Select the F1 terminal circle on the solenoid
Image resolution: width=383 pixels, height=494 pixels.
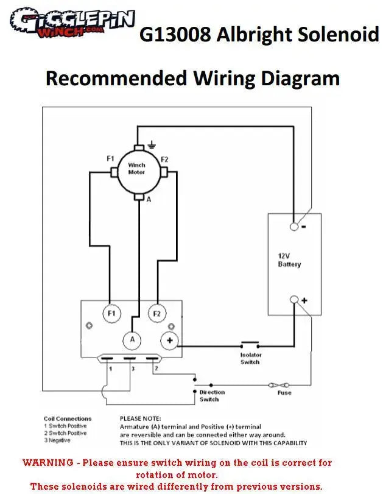pos(111,313)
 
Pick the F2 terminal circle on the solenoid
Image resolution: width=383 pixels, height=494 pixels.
pos(157,313)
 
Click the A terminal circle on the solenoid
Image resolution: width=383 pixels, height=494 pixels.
pos(132,339)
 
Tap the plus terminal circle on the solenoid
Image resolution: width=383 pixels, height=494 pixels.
pos(169,341)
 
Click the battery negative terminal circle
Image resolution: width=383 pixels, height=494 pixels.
pos(294,227)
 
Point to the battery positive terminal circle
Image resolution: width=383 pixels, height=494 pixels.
pos(294,300)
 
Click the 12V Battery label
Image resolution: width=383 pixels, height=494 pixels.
pos(289,260)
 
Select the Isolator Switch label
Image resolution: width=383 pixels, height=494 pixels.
pos(250,358)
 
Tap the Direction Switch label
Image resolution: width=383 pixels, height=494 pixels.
pos(212,396)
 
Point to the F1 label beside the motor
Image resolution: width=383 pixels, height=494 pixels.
pos(110,158)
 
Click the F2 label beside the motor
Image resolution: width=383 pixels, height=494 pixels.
pos(164,158)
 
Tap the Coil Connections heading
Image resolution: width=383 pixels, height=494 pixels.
pos(68,418)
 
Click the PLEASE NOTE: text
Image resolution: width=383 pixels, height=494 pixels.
pos(141,418)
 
